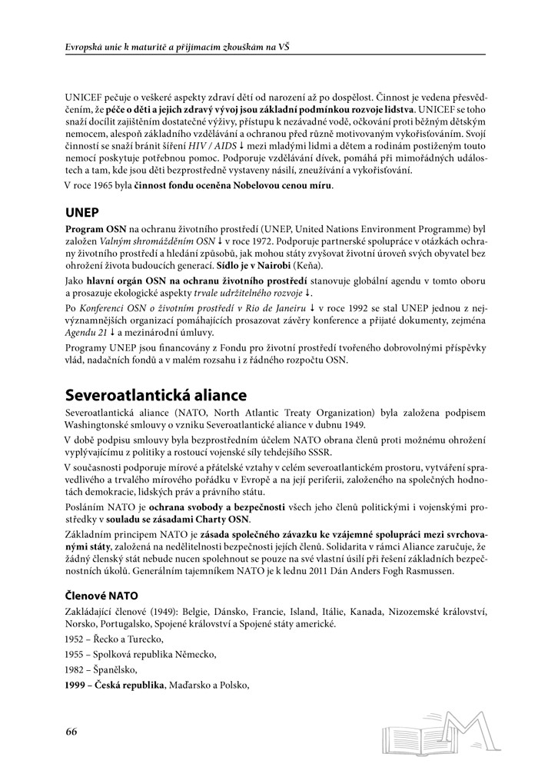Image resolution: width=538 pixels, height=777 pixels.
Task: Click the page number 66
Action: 71,731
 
